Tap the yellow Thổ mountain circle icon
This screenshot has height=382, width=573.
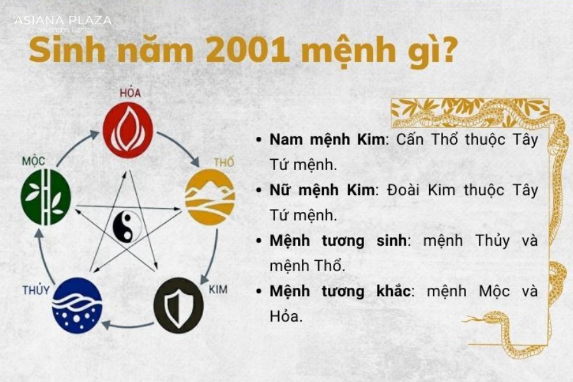(x=210, y=197)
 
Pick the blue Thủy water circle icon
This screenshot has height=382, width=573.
(x=77, y=306)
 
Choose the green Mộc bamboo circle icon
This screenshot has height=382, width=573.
(x=46, y=197)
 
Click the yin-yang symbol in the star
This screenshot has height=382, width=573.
(x=128, y=226)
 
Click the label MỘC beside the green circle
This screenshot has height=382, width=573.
(x=33, y=161)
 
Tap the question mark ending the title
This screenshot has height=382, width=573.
(x=448, y=50)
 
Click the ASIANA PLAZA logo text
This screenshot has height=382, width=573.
(x=62, y=20)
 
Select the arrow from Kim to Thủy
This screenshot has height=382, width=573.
(x=127, y=325)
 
